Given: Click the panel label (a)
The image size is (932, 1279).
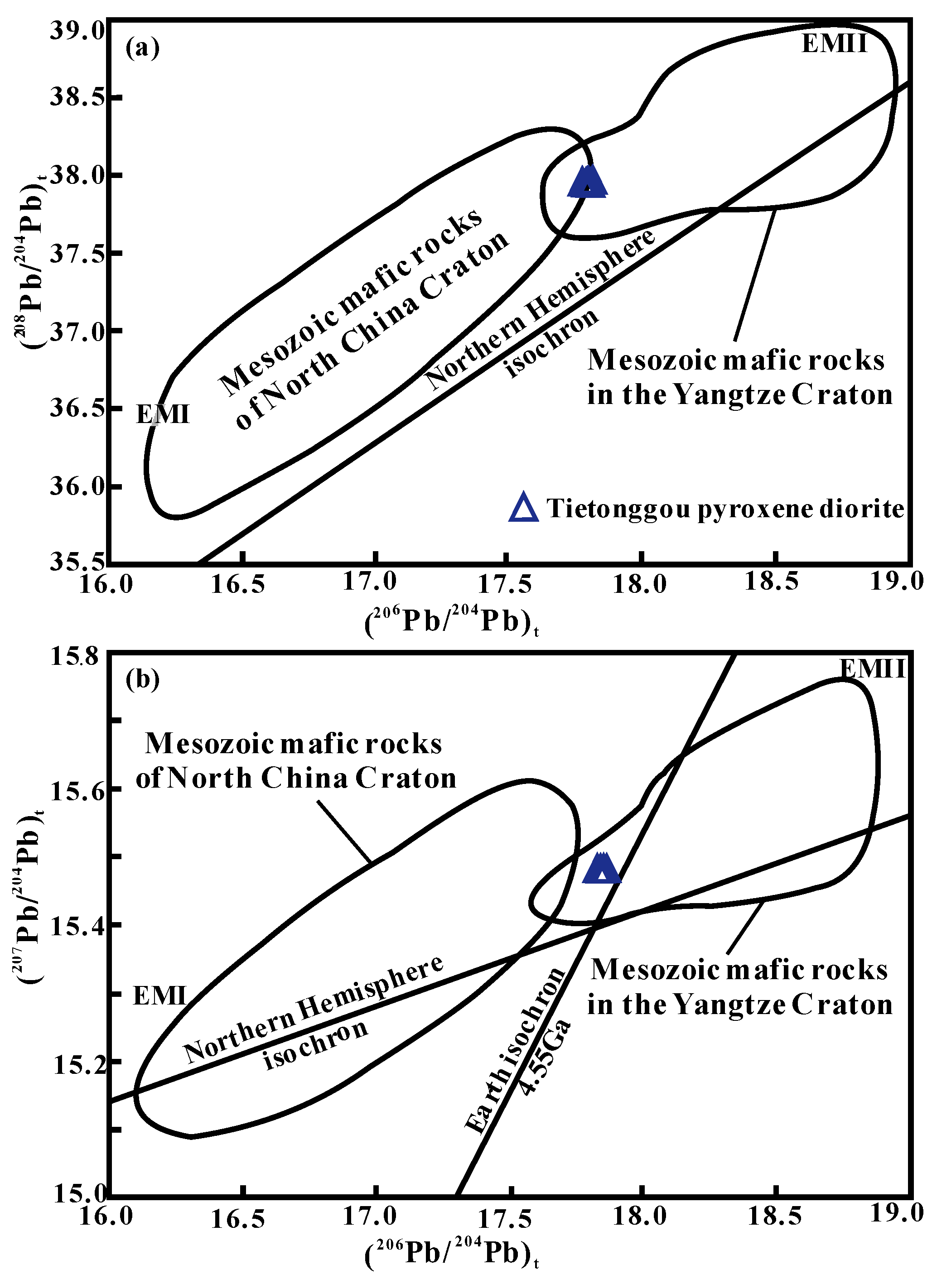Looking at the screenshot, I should (142, 48).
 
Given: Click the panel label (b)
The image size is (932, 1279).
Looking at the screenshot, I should (142, 680).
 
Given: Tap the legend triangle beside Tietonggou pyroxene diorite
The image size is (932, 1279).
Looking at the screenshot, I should (524, 509).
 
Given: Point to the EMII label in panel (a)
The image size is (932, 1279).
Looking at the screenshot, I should (834, 44).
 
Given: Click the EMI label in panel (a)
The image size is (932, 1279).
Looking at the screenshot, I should (163, 415).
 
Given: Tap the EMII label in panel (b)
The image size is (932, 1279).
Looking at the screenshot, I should (872, 670).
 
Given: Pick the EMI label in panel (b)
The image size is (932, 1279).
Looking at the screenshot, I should (159, 997).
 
